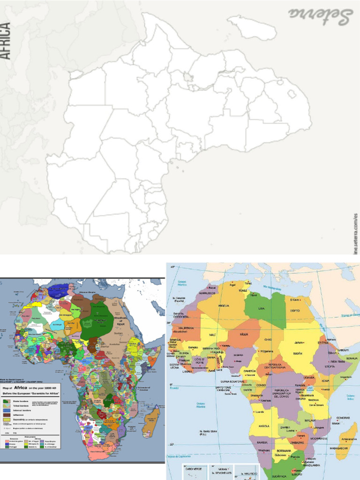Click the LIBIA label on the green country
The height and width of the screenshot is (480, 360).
point(261,308)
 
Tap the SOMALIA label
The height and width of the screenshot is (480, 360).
point(352,358)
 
